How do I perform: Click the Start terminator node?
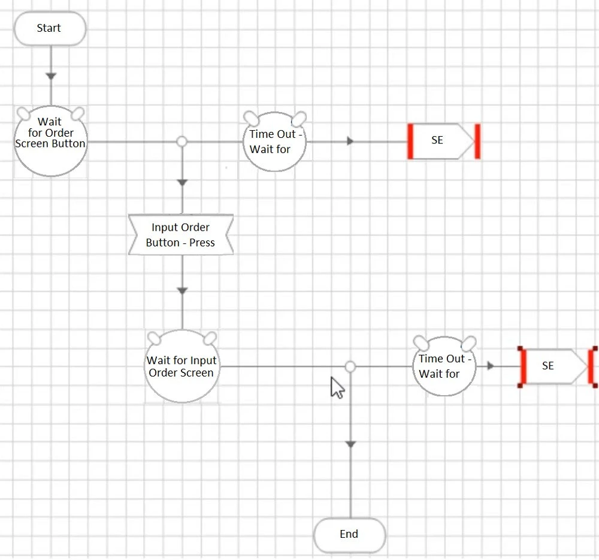pos(50,28)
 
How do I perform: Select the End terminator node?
pos(349,534)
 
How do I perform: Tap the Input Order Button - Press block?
pos(180,235)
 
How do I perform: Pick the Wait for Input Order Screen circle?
pos(181,366)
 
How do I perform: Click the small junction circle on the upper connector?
pos(182,141)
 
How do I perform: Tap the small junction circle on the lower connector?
pos(350,366)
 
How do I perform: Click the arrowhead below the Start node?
pos(51,76)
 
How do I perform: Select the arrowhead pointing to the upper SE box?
pos(350,141)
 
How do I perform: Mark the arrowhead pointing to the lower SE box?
pos(491,366)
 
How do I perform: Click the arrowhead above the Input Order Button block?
pos(182,182)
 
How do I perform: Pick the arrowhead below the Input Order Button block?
pos(182,290)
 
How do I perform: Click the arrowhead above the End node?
pos(350,444)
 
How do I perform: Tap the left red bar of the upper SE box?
pos(410,141)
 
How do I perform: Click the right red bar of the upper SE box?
pos(477,141)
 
